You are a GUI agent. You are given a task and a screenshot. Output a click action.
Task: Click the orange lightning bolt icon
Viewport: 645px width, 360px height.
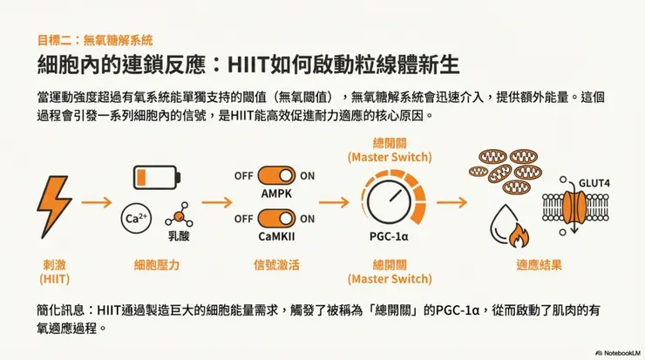54,207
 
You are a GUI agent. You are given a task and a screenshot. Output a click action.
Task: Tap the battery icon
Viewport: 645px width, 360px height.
157,177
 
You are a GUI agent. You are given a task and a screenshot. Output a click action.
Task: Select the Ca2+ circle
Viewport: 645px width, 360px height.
136,218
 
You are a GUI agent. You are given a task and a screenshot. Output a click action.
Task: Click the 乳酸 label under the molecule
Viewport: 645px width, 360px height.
179,236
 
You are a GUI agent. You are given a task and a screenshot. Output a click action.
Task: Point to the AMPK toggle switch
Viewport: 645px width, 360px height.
276,176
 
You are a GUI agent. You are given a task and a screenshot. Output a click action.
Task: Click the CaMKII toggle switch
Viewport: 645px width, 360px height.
276,219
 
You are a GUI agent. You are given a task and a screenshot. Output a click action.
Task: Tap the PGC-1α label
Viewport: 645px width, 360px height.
389,236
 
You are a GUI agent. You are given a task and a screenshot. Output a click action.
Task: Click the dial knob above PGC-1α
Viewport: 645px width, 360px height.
389,202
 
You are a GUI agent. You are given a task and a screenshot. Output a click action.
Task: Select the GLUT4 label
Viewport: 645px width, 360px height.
594,183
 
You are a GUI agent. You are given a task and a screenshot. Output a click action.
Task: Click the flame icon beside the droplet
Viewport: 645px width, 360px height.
519,235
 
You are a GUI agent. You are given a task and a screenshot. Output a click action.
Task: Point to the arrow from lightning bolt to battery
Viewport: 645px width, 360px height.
97,202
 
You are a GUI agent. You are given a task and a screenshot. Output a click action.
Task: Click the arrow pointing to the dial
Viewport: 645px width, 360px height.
334,202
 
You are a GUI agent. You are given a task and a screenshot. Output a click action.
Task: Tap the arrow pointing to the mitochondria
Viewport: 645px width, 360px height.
452,202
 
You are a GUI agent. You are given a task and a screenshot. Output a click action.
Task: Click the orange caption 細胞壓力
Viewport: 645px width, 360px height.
157,265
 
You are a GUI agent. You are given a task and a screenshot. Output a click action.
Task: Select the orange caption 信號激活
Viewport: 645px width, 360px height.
276,265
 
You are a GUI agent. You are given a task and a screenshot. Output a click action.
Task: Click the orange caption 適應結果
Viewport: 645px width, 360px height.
539,265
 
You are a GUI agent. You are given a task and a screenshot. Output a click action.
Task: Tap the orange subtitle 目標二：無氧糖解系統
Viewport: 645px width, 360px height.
95,40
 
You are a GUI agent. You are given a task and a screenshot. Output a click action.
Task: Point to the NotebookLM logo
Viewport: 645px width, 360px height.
618,353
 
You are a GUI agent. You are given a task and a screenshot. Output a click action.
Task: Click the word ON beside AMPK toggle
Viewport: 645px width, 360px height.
308,176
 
